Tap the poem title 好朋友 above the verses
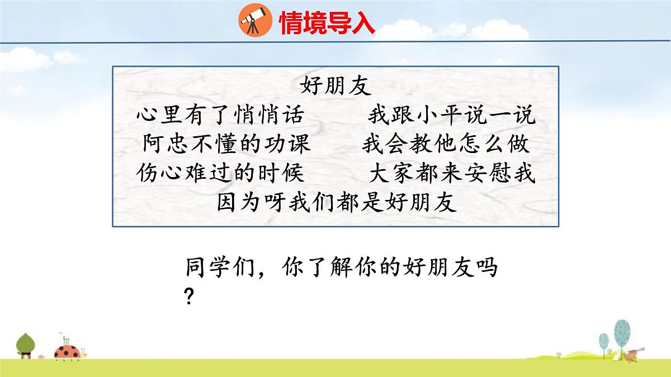[x=336, y=87]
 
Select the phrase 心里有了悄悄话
[x=220, y=116]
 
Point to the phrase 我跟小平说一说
[x=451, y=116]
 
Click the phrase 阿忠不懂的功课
[x=226, y=145]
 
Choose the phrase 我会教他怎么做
[x=445, y=145]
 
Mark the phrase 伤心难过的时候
[x=220, y=174]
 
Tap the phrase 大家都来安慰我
[x=452, y=174]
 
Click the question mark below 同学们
[x=189, y=297]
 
